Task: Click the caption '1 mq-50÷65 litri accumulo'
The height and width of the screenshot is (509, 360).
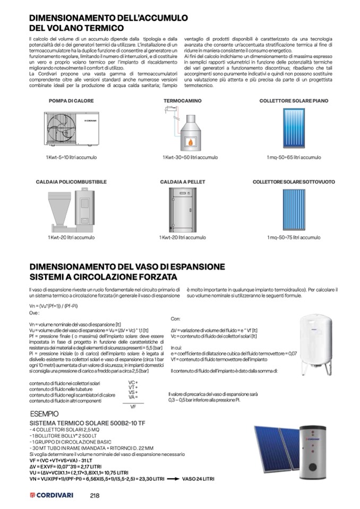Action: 294,158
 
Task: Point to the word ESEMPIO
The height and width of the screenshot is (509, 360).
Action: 44,413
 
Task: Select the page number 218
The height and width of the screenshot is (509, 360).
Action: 95,495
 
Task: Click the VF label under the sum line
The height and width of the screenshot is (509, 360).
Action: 133,407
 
